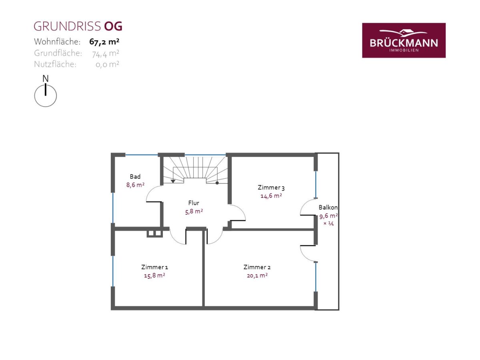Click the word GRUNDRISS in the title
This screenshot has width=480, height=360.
coord(67,26)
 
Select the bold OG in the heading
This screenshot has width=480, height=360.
coord(113,26)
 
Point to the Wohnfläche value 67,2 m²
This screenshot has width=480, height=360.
coord(104,42)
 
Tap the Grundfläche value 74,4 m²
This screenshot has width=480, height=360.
coord(106,53)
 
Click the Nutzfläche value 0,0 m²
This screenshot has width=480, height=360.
coord(107,64)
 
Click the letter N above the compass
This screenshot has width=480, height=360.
coord(46,78)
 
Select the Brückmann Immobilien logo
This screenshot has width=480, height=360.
coord(404,40)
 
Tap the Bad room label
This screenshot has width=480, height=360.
coord(135,176)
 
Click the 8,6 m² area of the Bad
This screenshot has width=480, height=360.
coord(135,185)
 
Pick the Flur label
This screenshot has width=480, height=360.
coord(194,203)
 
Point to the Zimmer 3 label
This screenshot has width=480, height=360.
coord(271,187)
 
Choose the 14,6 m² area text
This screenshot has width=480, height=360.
coord(271,196)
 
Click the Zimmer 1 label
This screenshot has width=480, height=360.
coord(155,267)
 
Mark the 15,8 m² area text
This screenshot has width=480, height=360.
coord(155,276)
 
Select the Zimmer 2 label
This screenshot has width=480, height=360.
coord(257,267)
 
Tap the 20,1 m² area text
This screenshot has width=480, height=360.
coord(257,276)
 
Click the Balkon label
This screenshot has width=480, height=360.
coord(328,207)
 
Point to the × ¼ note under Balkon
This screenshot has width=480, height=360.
coord(328,223)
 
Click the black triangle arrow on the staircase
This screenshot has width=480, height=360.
coord(173,181)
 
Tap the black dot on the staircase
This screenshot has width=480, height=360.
coord(217,183)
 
